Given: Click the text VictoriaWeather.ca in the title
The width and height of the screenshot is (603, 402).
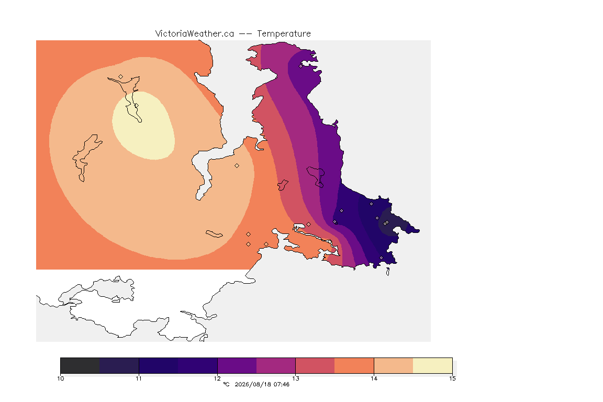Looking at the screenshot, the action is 195,33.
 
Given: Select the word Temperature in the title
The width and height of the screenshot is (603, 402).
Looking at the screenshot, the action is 284,33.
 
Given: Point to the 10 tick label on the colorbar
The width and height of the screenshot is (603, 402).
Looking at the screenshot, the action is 60,378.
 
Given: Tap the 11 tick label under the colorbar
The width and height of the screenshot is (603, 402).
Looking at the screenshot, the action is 139,378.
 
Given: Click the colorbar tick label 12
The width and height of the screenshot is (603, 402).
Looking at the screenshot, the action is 217,378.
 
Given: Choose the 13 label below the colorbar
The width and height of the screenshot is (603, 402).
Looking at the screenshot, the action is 295,378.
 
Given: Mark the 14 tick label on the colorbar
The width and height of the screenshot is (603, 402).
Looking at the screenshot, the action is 374,378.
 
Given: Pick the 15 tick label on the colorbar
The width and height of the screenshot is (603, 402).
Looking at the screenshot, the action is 452,378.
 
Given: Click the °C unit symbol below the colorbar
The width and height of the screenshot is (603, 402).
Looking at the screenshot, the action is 226,384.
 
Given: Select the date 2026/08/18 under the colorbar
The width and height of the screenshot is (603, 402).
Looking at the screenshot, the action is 252,384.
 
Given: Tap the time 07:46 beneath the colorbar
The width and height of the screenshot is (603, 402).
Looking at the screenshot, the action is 282,384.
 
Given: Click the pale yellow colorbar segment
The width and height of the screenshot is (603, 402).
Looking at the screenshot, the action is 433,365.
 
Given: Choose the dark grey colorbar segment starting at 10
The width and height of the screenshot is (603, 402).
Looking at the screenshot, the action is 80,365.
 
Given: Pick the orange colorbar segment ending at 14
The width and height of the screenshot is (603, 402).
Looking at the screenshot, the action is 354,365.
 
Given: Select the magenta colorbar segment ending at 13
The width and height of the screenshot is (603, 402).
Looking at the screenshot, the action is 276,365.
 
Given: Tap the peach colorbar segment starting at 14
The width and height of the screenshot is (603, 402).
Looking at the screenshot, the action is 394,365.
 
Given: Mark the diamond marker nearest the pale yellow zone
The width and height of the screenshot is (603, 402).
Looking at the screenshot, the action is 121,76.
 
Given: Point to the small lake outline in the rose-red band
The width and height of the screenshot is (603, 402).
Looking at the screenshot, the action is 283,185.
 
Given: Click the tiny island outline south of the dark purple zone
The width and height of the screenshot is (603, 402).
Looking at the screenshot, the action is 388,272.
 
